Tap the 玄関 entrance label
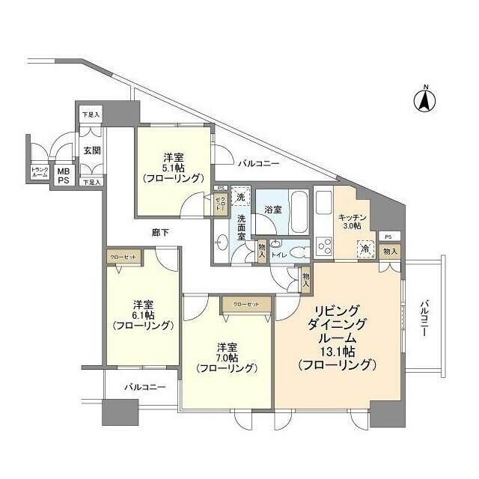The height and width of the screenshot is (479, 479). pos(91,150)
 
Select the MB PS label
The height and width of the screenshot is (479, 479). pos(64,175)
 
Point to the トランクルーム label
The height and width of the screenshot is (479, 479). pos(40,172)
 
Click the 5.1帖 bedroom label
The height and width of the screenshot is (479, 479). pos(174,168)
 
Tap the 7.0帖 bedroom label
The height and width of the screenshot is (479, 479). pos(226,358)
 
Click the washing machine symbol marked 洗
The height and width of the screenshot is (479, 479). pos(240,196)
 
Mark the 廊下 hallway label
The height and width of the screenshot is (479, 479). pos(159,233)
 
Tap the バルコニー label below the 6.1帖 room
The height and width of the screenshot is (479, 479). pos(140,388)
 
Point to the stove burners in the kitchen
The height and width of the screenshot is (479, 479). pos(325,245)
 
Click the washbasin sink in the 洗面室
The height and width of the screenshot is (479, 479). pos(221,242)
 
